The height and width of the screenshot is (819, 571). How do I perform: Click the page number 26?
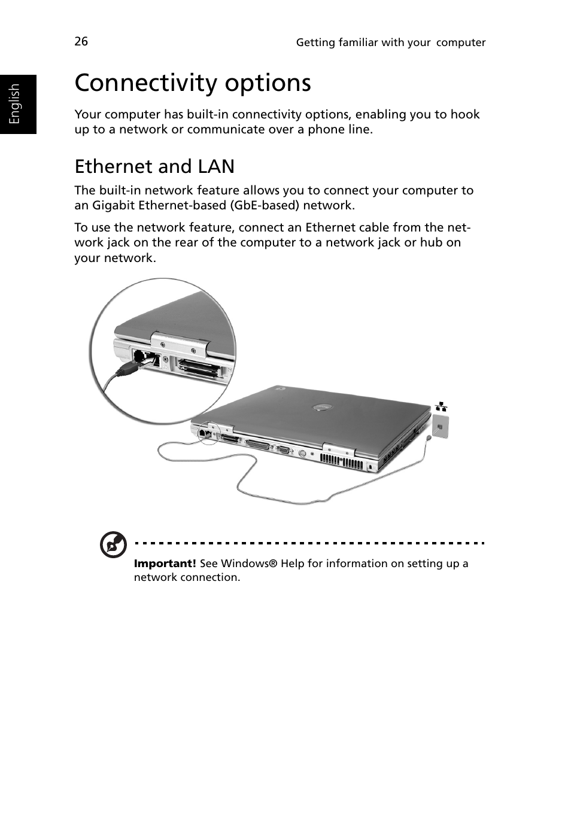81,41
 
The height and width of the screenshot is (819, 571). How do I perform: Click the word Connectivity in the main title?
142,83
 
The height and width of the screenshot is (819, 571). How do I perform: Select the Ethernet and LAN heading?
154,166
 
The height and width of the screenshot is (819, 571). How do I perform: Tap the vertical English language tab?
15,103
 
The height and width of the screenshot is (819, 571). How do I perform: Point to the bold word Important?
165,564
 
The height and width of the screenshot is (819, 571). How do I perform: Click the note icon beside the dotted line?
113,544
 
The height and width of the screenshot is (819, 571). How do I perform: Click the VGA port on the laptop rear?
283,450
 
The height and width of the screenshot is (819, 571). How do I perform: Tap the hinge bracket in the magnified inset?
180,343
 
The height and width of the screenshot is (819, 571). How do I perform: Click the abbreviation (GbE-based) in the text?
265,206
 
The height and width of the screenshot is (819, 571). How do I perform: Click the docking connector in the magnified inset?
195,367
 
